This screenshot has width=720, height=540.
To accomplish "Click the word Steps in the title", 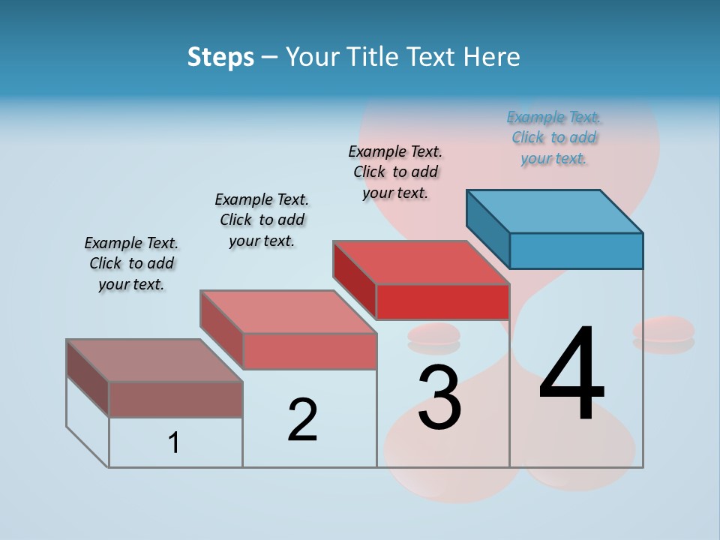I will click(220, 57).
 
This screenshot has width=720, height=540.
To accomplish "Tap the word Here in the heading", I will click(491, 57).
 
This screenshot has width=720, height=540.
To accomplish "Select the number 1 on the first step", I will click(174, 443).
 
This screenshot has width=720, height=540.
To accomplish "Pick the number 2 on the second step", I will click(302, 420).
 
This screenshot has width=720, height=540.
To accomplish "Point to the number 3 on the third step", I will click(439, 397).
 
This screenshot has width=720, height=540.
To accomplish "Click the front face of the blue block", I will click(576, 250).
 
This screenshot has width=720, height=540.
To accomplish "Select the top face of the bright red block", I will click(421, 262).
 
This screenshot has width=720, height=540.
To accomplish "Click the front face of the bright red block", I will click(442, 301).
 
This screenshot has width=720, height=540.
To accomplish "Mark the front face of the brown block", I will click(175, 399).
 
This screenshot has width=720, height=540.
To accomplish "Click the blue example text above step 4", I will click(553, 137).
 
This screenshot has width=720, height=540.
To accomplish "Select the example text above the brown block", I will click(131, 263).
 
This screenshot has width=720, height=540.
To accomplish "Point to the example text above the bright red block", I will click(395, 172).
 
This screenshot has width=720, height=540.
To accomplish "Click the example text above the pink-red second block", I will click(262, 220).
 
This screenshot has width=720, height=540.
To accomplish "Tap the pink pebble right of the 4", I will click(663, 328).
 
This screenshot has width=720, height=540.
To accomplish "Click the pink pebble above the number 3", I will click(433, 334).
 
